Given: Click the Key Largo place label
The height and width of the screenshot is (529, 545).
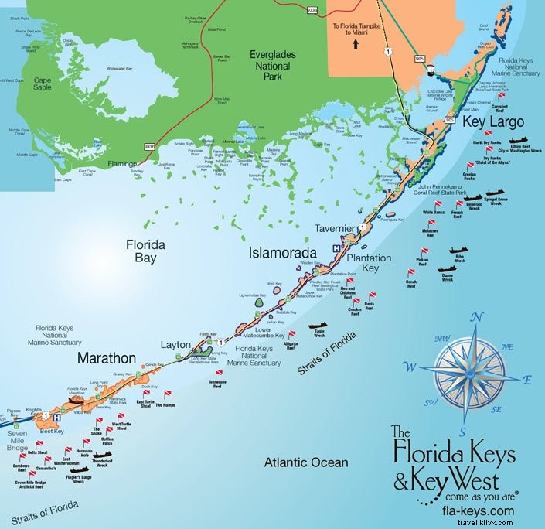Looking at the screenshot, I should coord(493,121).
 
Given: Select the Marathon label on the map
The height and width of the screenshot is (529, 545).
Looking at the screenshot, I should coord(107,359).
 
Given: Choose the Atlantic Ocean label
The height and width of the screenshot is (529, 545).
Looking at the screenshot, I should coord(306,462).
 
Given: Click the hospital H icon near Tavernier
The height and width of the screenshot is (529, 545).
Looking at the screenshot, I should coord(336,248).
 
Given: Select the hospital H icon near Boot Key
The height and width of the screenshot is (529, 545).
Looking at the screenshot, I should coord(56,417).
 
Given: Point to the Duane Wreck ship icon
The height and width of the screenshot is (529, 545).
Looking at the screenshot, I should coord(446,269).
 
